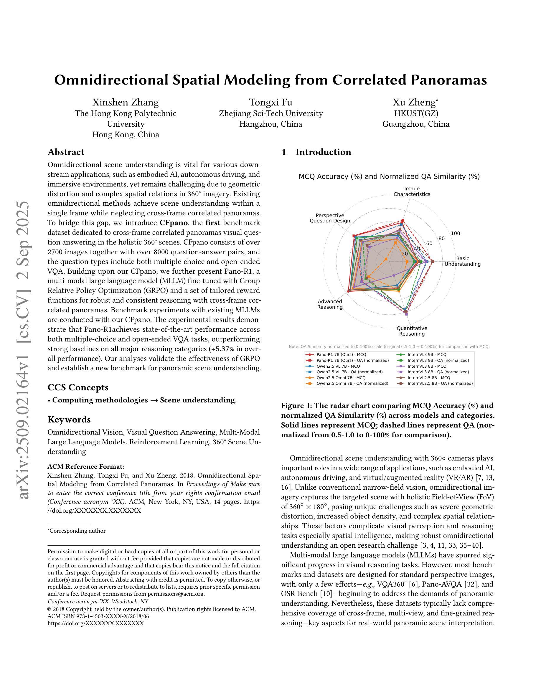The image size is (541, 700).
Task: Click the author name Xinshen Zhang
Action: coord(125,102)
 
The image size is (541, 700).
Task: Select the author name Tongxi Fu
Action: coord(270,102)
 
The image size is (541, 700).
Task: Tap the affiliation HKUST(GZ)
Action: coord(416,113)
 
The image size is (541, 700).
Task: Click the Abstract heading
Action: coord(66,152)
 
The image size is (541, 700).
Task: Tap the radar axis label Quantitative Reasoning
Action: coord(412,331)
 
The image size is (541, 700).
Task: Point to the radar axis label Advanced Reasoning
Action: coord(330,304)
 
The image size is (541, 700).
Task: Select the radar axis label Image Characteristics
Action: coord(412,191)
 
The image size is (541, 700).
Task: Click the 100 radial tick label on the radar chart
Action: coord(456,233)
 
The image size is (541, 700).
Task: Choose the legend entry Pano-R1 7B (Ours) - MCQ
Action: coord(341,355)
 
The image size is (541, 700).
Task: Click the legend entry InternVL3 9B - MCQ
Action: coord(427,355)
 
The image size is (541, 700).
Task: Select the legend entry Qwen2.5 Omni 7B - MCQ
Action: coord(341,378)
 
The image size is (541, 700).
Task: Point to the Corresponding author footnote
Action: coord(77,531)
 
